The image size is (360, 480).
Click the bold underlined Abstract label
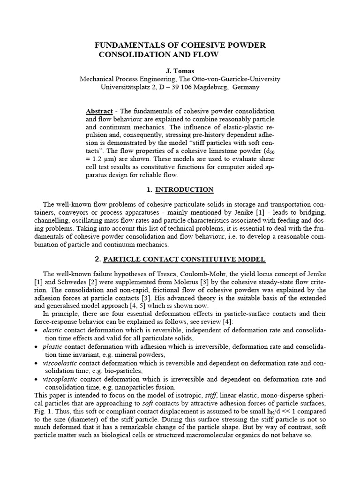(99, 111)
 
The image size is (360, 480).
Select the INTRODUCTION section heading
(184, 190)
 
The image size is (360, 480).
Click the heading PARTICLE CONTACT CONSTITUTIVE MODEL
(184, 259)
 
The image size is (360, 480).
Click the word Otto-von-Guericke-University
(227, 79)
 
